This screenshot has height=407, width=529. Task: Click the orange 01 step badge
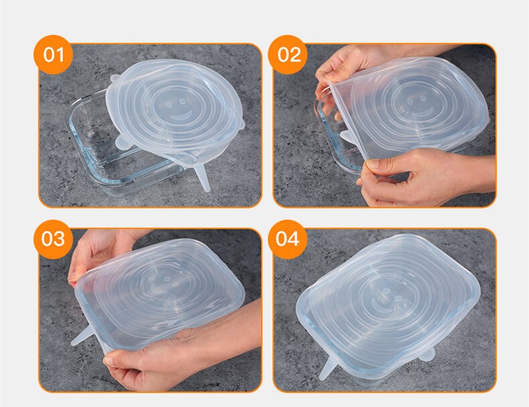pos(53,54)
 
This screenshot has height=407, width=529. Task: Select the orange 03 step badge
pos(53,239)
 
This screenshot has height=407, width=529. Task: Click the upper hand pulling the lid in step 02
pos(342,67)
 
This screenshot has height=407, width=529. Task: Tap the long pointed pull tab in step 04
pos(327,368)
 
